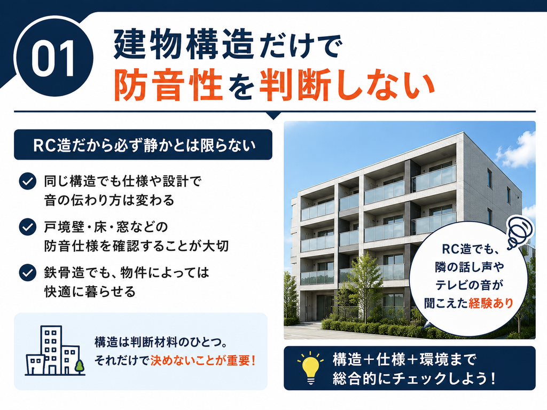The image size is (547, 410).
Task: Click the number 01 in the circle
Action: click(53, 58)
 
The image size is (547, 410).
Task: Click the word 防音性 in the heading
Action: click(168, 85)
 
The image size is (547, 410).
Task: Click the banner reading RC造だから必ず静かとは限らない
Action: click(143, 145)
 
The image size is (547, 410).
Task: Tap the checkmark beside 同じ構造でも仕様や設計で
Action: click(28, 182)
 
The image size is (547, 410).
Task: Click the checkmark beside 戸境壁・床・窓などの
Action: click(28, 227)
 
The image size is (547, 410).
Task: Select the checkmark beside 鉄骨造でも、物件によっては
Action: click(28, 273)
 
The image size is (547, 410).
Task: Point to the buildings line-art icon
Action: click(55, 350)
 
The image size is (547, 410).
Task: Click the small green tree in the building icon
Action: click(80, 366)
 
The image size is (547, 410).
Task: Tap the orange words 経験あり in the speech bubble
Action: click(491, 303)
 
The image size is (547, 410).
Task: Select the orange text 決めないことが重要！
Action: click(204, 361)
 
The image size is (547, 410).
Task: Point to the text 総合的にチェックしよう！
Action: click(415, 379)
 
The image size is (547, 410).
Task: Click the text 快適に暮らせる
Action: click(90, 291)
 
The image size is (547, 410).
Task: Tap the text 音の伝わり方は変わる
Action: click(109, 201)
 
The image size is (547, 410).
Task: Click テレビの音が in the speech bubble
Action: click(469, 285)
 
